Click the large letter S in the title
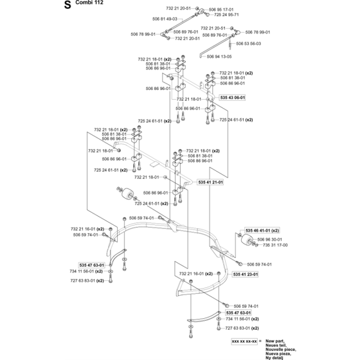(x=67, y=5)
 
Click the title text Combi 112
(x=89, y=3)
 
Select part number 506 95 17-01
(x=221, y=10)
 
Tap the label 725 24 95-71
(x=226, y=14)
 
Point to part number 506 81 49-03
(x=165, y=19)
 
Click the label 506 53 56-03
(x=249, y=44)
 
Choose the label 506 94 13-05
(x=219, y=57)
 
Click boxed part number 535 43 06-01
(x=233, y=98)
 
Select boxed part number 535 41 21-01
(x=210, y=183)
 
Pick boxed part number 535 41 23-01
(x=246, y=274)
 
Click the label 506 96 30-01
(x=270, y=239)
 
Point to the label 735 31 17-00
(x=275, y=245)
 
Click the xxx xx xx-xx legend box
(x=244, y=341)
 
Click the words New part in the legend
(x=275, y=341)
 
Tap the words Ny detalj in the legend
(x=274, y=357)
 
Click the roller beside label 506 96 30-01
(x=247, y=240)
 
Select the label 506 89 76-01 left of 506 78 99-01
(x=215, y=35)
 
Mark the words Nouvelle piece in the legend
(x=281, y=350)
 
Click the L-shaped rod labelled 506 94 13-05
(x=216, y=46)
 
